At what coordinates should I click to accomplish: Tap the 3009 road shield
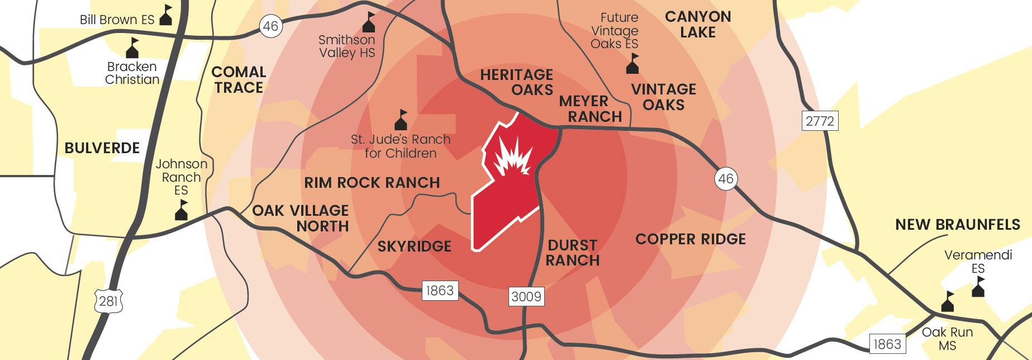pyautogui.click(x=526, y=296)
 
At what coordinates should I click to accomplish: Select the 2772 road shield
pyautogui.click(x=820, y=121)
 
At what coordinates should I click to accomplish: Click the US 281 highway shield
pyautogui.click(x=108, y=301)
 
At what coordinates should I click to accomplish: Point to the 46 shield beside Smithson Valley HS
pyautogui.click(x=271, y=26)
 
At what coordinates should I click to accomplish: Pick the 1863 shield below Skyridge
pyautogui.click(x=440, y=291)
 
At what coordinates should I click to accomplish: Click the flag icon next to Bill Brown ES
pyautogui.click(x=167, y=16)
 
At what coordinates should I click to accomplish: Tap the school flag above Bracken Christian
pyautogui.click(x=132, y=48)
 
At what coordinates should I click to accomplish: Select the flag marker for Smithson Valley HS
pyautogui.click(x=369, y=22)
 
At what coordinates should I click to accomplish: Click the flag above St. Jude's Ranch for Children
pyautogui.click(x=401, y=120)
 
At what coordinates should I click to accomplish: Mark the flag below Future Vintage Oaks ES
pyautogui.click(x=632, y=64)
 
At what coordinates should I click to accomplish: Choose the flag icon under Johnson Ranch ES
pyautogui.click(x=182, y=210)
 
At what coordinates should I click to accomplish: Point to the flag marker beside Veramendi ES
pyautogui.click(x=978, y=286)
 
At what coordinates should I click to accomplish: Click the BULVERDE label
pyautogui.click(x=102, y=148)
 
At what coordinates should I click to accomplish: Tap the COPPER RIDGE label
pyautogui.click(x=691, y=239)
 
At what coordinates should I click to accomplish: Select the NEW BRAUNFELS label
pyautogui.click(x=958, y=225)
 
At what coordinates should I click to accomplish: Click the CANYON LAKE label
pyautogui.click(x=698, y=25)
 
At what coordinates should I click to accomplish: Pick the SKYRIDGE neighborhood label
pyautogui.click(x=414, y=247)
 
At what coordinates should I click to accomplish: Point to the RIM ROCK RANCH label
pyautogui.click(x=372, y=183)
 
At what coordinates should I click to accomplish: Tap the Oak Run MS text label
pyautogui.click(x=947, y=339)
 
